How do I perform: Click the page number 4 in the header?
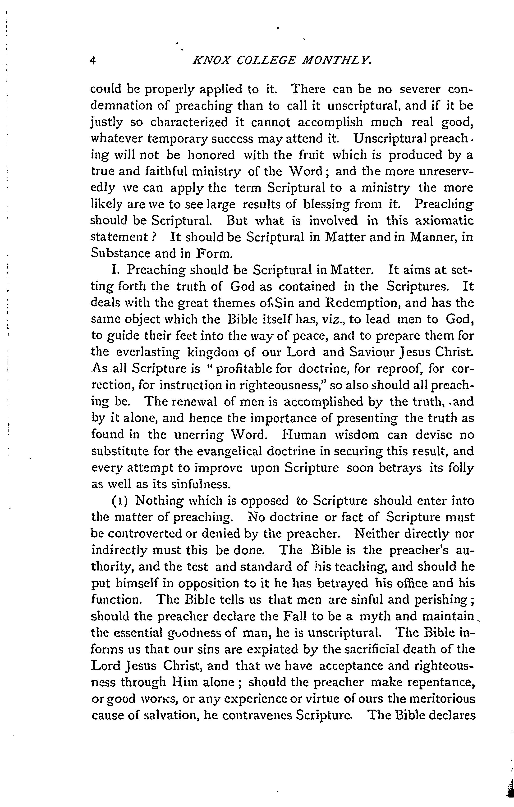[x=94, y=61]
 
